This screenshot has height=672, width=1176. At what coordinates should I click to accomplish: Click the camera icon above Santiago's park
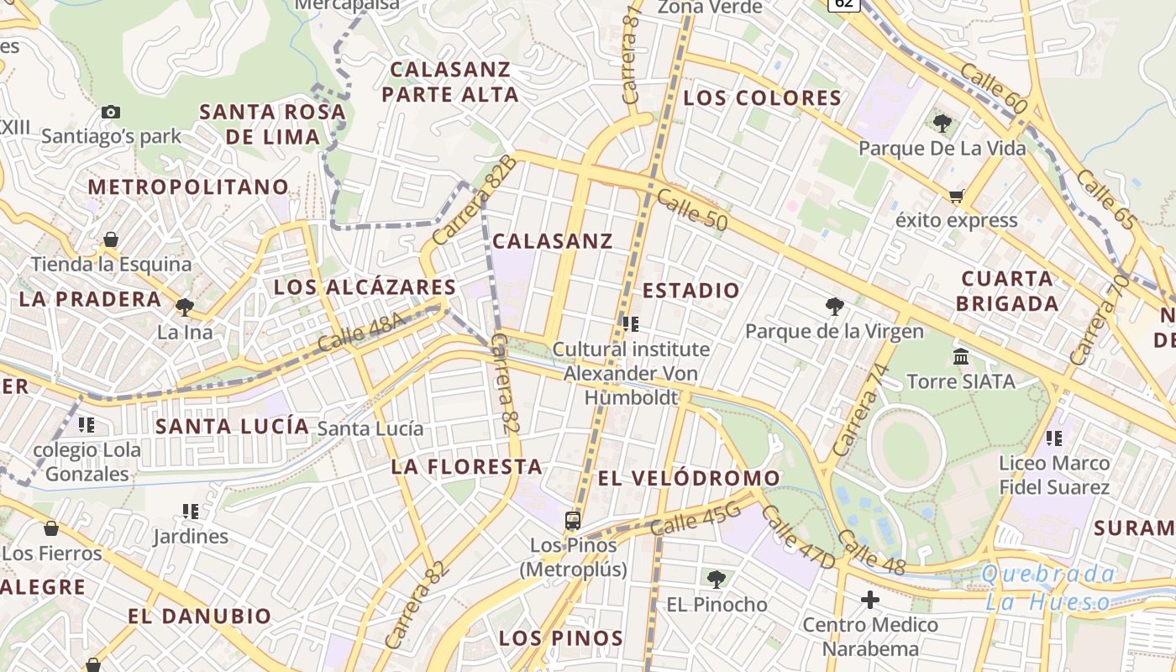tap(110, 112)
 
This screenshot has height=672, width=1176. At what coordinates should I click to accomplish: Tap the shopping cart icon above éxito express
tap(956, 197)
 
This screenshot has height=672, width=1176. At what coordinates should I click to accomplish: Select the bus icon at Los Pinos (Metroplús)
tap(573, 521)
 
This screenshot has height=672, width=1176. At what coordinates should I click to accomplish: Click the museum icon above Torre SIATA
tap(961, 357)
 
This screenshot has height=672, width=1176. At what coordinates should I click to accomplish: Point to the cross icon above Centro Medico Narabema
tap(869, 600)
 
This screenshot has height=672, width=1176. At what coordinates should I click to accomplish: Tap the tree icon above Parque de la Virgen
tap(834, 307)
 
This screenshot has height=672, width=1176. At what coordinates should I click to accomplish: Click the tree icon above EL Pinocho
tap(717, 579)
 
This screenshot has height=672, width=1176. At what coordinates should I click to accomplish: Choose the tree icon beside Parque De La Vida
tap(942, 123)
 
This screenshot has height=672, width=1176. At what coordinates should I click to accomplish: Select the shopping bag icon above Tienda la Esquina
tap(111, 240)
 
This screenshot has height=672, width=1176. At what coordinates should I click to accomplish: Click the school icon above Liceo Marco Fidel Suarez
tap(1054, 438)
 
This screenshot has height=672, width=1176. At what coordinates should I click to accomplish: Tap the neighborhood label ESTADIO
tap(691, 291)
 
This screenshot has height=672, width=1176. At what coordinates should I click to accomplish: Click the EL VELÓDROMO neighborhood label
tap(689, 479)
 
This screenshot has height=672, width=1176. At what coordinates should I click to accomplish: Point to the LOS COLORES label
tap(762, 98)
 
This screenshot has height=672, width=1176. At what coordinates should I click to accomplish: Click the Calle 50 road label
tap(691, 210)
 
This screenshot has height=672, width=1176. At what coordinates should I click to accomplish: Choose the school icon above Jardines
tap(191, 511)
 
